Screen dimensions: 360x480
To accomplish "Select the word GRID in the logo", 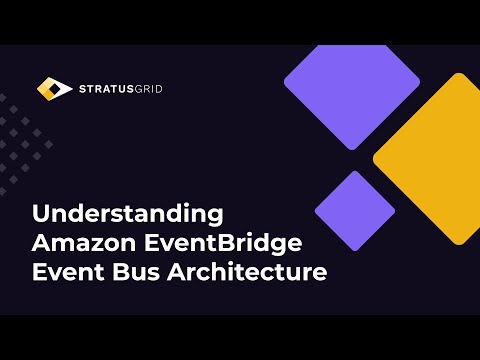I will [x=146, y=89].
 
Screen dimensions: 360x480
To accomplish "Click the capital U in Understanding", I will [x=41, y=214].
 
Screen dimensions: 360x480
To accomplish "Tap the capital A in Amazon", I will [x=41, y=242].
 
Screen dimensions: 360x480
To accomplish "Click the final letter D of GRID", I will [x=158, y=89].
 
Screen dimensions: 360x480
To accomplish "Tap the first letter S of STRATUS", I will [x=82, y=89].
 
